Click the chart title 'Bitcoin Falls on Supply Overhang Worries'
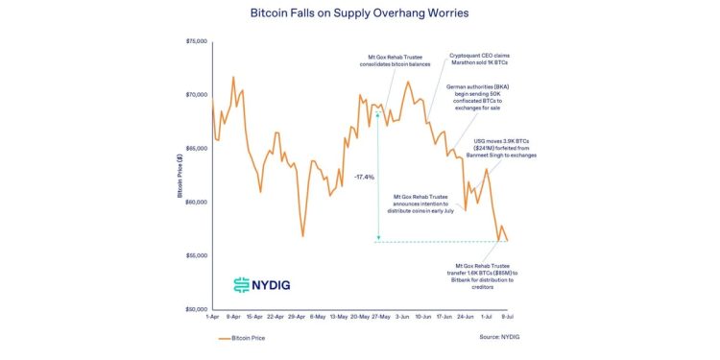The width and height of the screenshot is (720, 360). tap(359, 14)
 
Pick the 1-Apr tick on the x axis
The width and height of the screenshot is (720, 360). tap(212, 316)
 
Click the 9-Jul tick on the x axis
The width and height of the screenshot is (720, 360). tap(507, 316)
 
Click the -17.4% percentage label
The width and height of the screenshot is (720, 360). tap(364, 177)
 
